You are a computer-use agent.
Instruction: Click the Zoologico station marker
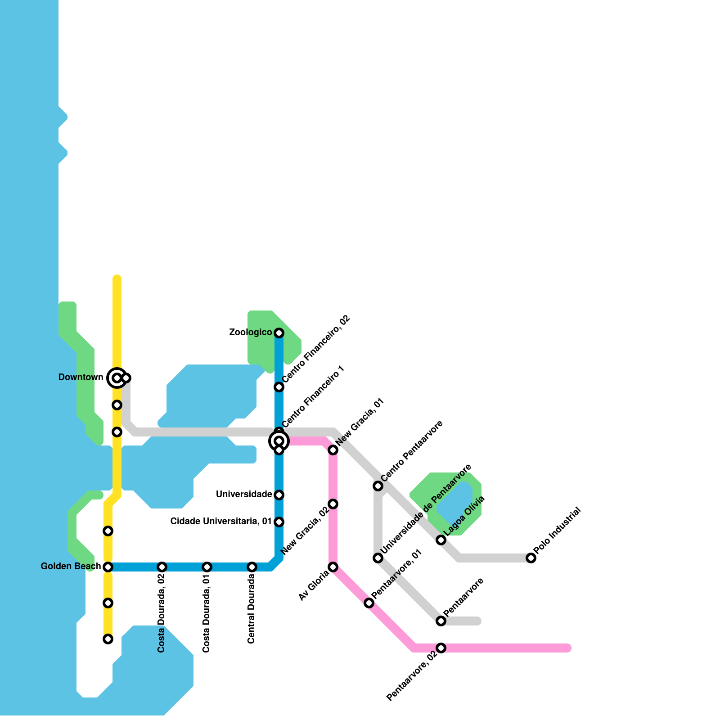click(279, 333)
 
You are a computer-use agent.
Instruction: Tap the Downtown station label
click(81, 378)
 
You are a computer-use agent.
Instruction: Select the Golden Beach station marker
click(108, 567)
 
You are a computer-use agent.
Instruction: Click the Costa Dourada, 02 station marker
click(162, 567)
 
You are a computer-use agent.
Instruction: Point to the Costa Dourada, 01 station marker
click(207, 567)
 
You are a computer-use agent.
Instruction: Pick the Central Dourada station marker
click(252, 567)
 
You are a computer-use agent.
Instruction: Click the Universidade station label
click(244, 495)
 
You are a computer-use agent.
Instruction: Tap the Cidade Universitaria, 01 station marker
click(279, 522)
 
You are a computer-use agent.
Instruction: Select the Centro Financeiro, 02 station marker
click(279, 387)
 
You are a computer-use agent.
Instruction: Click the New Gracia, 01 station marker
click(333, 450)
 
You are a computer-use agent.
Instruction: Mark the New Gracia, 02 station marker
click(333, 504)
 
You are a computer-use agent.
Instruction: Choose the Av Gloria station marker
click(333, 567)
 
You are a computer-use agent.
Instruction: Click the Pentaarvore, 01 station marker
click(369, 603)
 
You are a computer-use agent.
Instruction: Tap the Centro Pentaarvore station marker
click(378, 486)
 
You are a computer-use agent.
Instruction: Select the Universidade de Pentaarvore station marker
click(378, 558)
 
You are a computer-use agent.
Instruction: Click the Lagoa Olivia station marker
click(441, 540)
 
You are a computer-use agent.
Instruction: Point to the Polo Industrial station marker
click(531, 558)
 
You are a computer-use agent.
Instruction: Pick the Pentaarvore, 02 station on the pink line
click(441, 648)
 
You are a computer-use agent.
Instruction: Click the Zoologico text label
click(250, 333)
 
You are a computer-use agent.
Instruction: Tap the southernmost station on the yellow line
click(108, 639)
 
